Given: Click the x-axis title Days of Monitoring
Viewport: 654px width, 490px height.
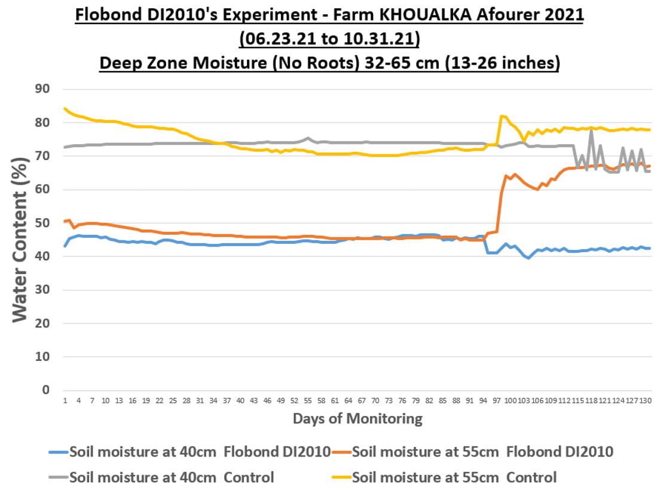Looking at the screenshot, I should (357, 418).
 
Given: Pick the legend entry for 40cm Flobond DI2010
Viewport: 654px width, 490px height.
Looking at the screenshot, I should (190, 452).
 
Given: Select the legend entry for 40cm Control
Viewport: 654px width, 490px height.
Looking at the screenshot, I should (161, 477).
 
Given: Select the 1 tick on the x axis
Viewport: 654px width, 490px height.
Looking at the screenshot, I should (65, 400).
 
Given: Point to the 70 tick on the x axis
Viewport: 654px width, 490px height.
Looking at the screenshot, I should (375, 400).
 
